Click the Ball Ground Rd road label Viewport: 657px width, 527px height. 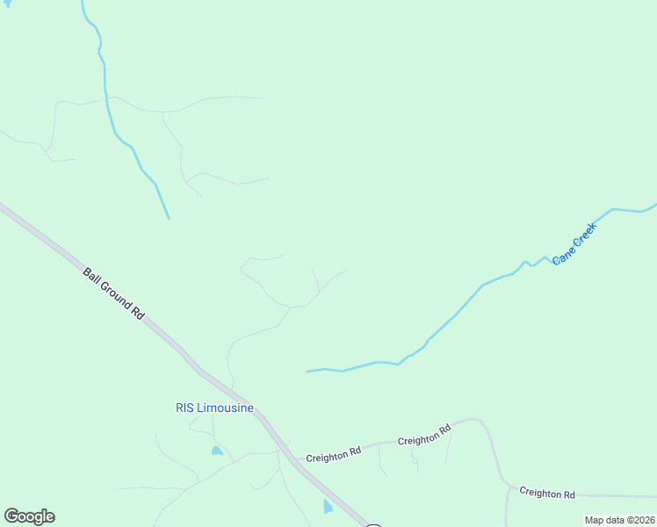[113, 292]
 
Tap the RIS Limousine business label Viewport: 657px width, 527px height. [214, 408]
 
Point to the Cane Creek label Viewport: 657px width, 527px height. [574, 244]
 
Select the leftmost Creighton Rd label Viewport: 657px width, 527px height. [334, 453]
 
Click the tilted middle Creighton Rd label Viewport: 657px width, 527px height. [424, 434]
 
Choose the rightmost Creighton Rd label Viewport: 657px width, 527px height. [546, 493]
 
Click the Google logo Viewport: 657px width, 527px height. [29, 516]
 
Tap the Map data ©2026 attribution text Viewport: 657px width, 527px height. [619, 520]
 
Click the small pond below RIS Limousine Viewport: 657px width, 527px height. [216, 451]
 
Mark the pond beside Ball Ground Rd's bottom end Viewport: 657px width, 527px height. [328, 507]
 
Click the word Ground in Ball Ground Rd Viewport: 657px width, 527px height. [114, 293]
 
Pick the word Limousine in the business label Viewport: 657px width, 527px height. [226, 408]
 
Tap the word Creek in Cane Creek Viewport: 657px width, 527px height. [583, 235]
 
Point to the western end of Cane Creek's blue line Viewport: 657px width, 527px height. [307, 372]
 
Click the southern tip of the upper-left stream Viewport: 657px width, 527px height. [168, 218]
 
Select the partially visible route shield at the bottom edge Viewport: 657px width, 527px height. [373, 525]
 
